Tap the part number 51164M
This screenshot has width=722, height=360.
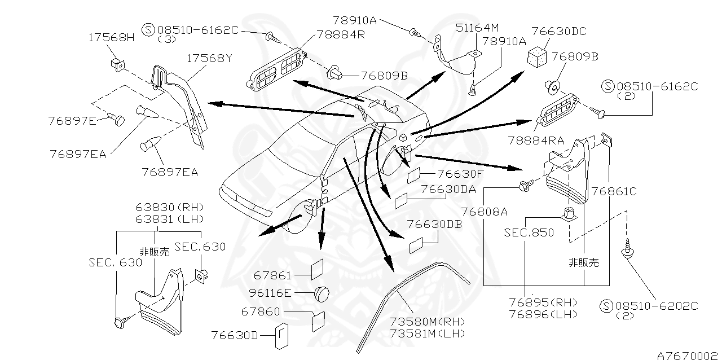click(x=478, y=27)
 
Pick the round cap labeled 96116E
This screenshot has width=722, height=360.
click(x=323, y=293)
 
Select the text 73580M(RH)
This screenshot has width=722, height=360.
click(x=427, y=322)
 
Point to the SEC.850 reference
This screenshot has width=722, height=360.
click(x=529, y=232)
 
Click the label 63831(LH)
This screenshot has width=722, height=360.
click(x=170, y=219)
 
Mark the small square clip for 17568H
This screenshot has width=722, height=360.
click(x=117, y=63)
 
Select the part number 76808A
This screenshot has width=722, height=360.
click(x=484, y=212)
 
